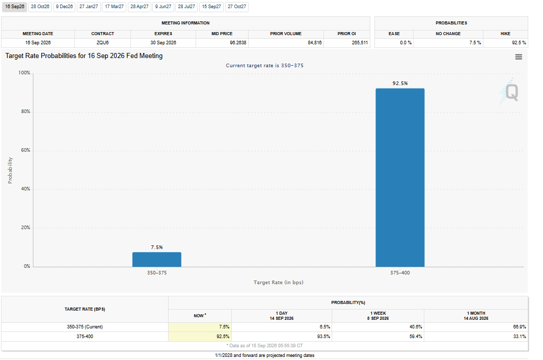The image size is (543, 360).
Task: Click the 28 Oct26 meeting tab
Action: (40, 7)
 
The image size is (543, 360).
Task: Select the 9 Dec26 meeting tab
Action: (64, 7)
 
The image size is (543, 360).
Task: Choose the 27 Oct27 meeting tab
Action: (237, 7)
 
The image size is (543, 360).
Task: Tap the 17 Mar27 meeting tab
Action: (114, 7)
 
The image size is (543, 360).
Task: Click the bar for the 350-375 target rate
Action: (157, 259)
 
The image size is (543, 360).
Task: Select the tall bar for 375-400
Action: (400, 178)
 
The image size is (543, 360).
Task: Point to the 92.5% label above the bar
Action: (400, 83)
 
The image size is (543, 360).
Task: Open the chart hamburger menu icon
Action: (519, 57)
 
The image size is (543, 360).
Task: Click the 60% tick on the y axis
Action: (25, 150)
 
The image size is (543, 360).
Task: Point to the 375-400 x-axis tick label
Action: (400, 273)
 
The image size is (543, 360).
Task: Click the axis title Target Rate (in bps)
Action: (279, 283)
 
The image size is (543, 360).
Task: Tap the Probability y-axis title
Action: (10, 170)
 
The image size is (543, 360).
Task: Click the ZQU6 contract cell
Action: (102, 43)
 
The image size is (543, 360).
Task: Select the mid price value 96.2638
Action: (238, 43)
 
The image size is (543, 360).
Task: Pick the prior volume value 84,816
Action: (314, 43)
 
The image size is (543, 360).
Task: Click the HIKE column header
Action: (505, 34)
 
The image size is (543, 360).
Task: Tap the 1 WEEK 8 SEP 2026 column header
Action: (378, 316)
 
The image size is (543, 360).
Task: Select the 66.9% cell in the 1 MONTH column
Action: (520, 327)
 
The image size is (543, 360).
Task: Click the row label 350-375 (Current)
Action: (85, 327)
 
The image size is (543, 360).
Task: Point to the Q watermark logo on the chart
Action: (511, 93)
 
